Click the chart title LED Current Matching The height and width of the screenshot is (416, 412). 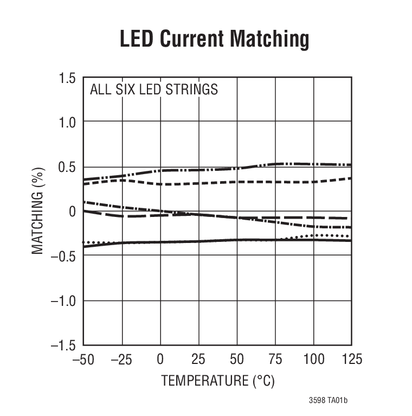point(214,40)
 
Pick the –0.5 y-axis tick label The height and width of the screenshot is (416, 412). point(63,255)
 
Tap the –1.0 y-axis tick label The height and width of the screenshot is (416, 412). point(63,300)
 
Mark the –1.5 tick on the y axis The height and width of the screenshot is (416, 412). point(63,344)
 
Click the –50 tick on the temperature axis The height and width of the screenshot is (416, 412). point(83,359)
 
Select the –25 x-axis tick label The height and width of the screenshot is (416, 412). point(122,359)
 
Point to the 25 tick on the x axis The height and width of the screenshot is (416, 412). point(198,359)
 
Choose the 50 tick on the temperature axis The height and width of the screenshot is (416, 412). point(237,359)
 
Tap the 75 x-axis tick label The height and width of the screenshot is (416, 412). point(275,359)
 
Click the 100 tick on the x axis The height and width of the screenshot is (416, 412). point(313,359)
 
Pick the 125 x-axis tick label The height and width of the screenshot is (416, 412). point(351,359)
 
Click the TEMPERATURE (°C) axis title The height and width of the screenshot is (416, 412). point(217,381)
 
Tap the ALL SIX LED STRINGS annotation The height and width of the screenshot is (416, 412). point(154,89)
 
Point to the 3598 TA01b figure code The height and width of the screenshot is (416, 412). point(328,401)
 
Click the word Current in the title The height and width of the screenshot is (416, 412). point(191,40)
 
